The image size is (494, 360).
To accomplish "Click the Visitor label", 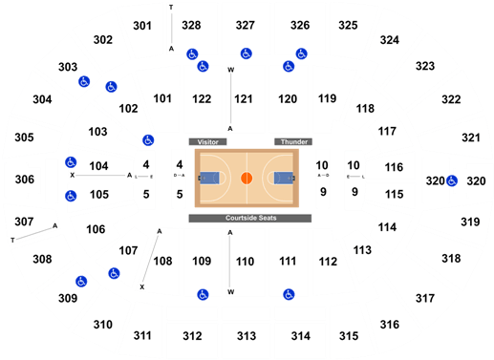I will [x=208, y=141].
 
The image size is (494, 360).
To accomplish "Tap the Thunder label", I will [x=292, y=141].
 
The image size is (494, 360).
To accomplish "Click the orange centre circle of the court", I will [x=246, y=178].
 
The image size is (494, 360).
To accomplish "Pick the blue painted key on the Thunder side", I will [x=283, y=178].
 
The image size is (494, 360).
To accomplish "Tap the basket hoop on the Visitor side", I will [x=201, y=178].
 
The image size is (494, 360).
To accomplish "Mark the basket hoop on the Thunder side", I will [x=291, y=178].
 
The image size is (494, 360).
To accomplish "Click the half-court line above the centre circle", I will [x=246, y=159].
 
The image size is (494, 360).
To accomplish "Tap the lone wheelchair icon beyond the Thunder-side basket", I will [x=451, y=180].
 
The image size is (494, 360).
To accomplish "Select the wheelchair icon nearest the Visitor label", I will [x=148, y=140].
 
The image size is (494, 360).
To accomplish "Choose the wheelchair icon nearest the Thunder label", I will [x=289, y=66].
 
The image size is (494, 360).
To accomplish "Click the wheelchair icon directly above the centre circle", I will [x=246, y=53].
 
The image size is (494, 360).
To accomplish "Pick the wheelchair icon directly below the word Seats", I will [x=289, y=294].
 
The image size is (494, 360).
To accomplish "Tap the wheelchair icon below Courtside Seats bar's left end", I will [x=202, y=294].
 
